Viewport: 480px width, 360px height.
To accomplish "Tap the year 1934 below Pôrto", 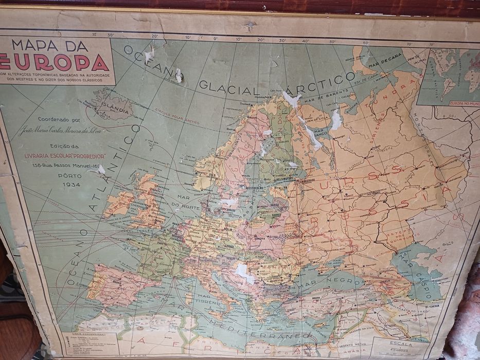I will click(72, 184).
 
